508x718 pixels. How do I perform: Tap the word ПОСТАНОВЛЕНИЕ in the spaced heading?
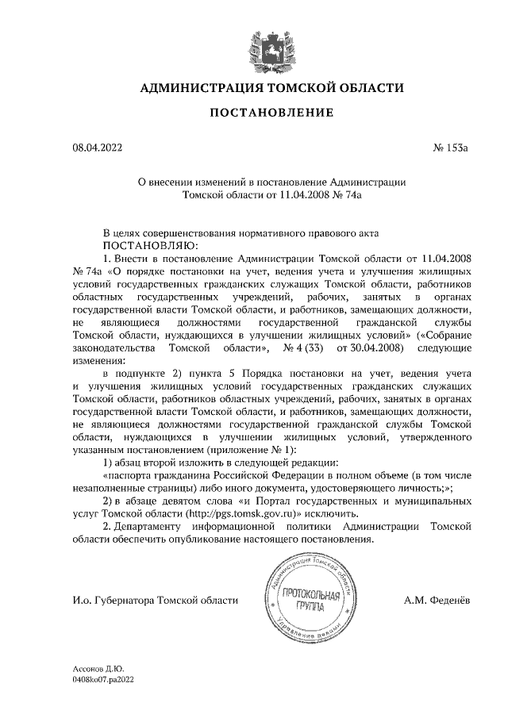[271, 113]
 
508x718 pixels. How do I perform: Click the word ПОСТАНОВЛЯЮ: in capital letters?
[140, 246]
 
